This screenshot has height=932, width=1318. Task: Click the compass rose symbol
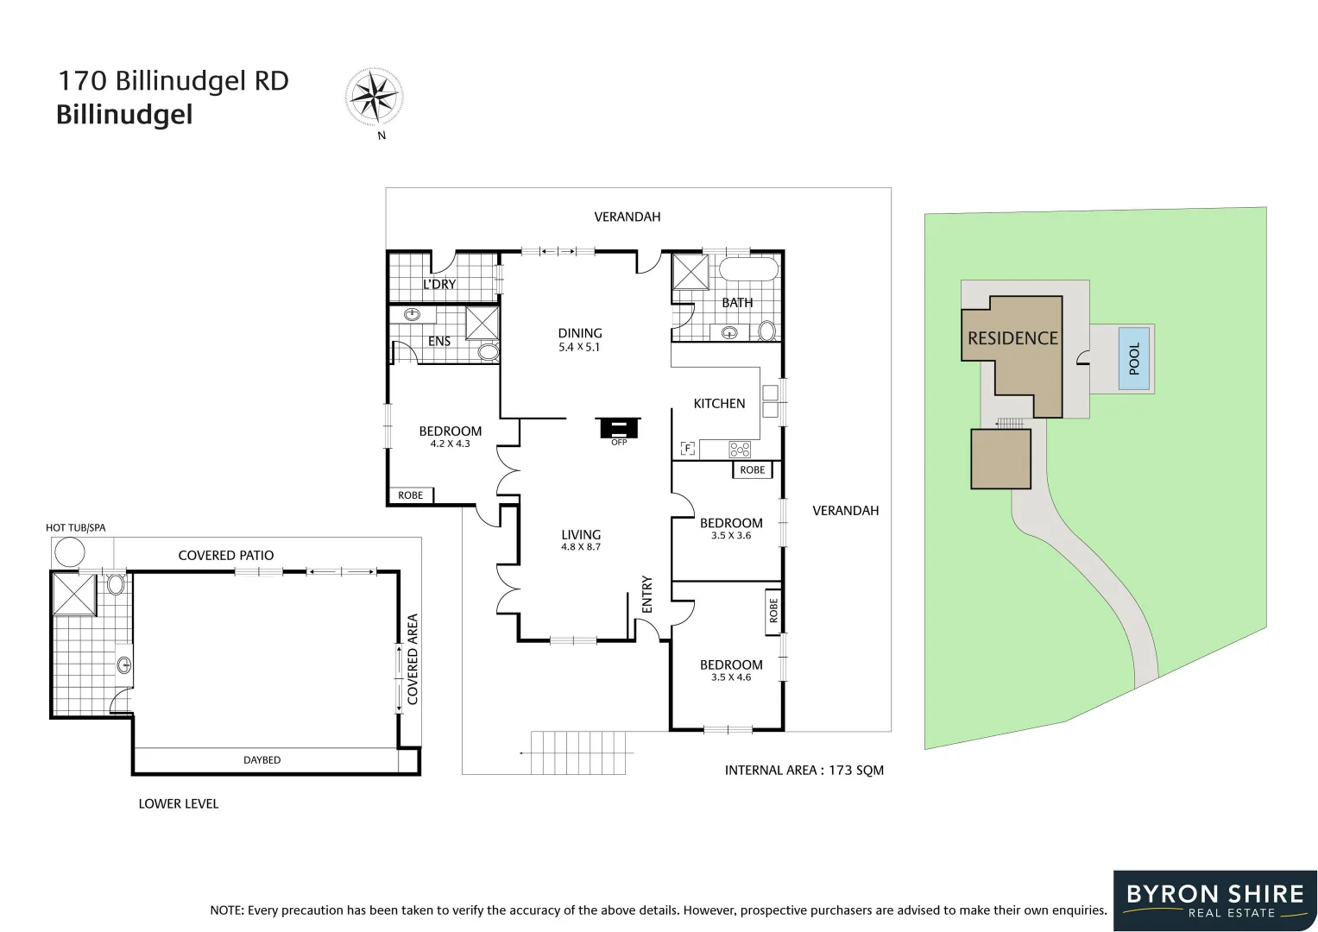point(374,96)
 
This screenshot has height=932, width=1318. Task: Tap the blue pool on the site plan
point(1134,358)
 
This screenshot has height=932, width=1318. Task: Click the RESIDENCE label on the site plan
point(1012,338)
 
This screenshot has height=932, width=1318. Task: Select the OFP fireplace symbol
point(618,428)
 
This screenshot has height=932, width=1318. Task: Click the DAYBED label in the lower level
point(262,760)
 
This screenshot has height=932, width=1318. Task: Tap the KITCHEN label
point(719,403)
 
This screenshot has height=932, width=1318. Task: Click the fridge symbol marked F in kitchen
point(688,448)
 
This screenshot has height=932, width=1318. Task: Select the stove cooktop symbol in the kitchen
point(740,449)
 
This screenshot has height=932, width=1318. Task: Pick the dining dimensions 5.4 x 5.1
point(579,348)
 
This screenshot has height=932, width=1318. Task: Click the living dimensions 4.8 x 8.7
point(580,547)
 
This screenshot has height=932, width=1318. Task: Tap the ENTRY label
point(647,595)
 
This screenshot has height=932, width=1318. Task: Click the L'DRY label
point(439,284)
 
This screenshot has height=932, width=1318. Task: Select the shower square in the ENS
point(482,323)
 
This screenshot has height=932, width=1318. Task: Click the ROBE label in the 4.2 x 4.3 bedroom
point(411,495)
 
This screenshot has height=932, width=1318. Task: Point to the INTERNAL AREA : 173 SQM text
point(804,771)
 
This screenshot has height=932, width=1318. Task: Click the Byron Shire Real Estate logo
point(1214,900)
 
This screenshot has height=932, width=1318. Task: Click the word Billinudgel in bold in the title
point(124,115)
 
